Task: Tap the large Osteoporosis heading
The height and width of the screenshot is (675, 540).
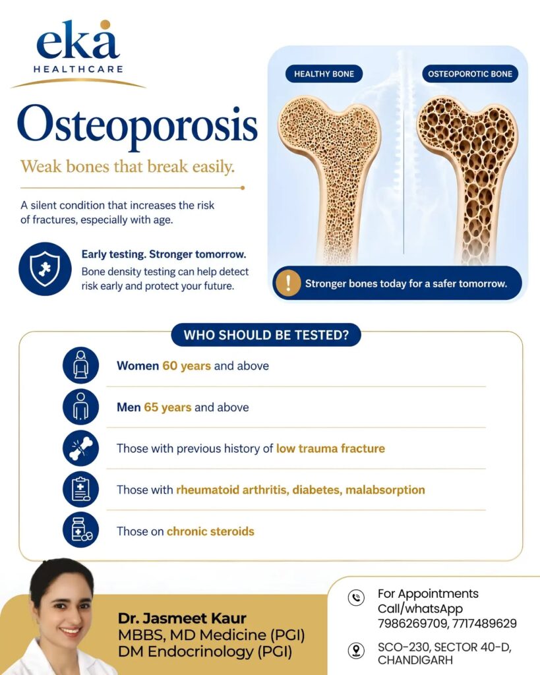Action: pos(137,125)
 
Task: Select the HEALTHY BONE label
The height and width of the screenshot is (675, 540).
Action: pos(324,74)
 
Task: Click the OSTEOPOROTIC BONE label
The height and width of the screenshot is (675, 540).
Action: pos(470,74)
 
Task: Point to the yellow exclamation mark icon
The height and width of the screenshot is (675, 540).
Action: pos(287,283)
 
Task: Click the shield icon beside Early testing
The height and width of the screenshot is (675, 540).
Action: pos(45,269)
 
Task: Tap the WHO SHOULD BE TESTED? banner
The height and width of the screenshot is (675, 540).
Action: pos(266,335)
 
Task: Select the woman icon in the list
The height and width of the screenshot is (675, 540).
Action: pos(80,365)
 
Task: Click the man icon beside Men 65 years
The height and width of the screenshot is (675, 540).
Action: pos(80,406)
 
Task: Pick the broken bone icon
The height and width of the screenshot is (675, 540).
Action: pos(80,448)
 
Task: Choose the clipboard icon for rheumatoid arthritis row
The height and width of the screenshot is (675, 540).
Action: pos(80,489)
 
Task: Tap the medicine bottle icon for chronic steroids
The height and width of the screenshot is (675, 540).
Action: pos(80,530)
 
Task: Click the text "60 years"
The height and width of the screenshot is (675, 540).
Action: pos(187,366)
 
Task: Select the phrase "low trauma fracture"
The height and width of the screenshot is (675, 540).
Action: pos(330,448)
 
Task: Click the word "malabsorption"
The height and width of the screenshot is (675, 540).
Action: pos(385,490)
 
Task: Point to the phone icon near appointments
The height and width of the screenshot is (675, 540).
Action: pos(356,597)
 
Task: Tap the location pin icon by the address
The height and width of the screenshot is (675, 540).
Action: pos(356,651)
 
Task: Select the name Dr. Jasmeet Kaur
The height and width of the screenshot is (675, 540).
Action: pos(182,618)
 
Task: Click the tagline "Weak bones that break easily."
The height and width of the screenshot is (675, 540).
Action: pos(127,167)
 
